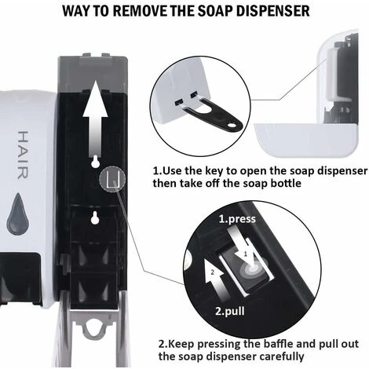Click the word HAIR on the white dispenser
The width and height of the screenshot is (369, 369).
[23, 155]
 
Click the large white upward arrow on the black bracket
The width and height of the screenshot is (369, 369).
[95, 118]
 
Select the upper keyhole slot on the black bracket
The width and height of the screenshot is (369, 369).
[95, 162]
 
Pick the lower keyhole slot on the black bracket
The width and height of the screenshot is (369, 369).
[95, 217]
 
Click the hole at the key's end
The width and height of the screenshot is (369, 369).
[232, 126]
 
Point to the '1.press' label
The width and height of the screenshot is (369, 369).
[237, 219]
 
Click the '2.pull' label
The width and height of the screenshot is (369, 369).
[230, 311]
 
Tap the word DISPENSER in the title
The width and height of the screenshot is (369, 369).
[273, 11]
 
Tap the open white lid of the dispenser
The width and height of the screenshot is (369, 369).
[305, 140]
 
